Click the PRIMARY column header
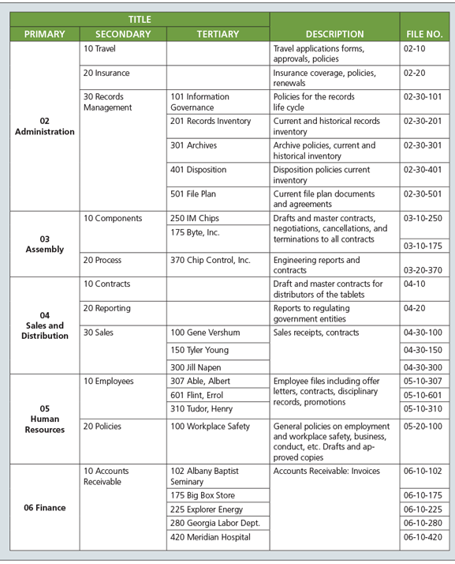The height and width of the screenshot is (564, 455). click(x=44, y=34)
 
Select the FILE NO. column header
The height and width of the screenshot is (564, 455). click(x=423, y=34)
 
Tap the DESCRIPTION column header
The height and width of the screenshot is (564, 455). click(x=334, y=34)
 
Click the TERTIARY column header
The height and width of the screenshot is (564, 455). click(x=217, y=34)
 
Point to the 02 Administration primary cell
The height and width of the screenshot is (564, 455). click(x=44, y=126)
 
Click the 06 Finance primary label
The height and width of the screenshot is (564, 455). click(x=44, y=507)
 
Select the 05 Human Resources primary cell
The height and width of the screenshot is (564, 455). click(x=44, y=419)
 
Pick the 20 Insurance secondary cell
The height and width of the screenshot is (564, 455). click(x=106, y=73)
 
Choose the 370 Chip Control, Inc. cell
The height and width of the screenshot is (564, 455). click(x=211, y=259)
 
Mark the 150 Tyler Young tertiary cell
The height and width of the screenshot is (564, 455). click(x=200, y=350)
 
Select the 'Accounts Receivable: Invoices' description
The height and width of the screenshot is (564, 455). click(x=326, y=471)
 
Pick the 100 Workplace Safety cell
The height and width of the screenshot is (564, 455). click(x=210, y=426)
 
